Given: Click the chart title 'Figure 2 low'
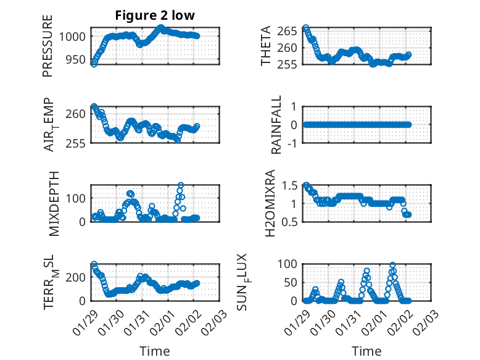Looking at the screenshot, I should point(155,16).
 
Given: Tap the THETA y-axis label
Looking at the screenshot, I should point(265,46).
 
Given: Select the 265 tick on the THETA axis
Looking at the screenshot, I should point(290,31).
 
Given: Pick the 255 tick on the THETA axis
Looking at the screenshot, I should point(290,64).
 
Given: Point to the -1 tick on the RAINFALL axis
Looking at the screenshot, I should point(292,143).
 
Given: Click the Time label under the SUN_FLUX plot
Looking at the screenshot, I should point(366,351).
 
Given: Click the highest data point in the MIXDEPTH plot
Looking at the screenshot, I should point(181,185).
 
